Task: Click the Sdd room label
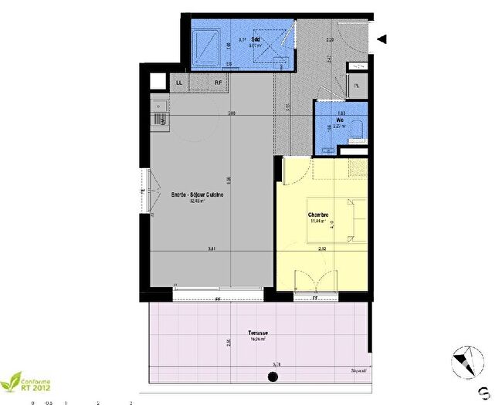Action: coord(255,39)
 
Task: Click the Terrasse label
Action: coord(259,332)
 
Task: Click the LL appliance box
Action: coord(179,83)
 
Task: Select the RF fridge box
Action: coord(219,83)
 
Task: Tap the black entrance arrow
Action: coord(382,39)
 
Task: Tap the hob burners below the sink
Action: coord(160,119)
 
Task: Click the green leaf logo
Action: coord(13,380)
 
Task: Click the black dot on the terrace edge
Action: coord(272,377)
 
